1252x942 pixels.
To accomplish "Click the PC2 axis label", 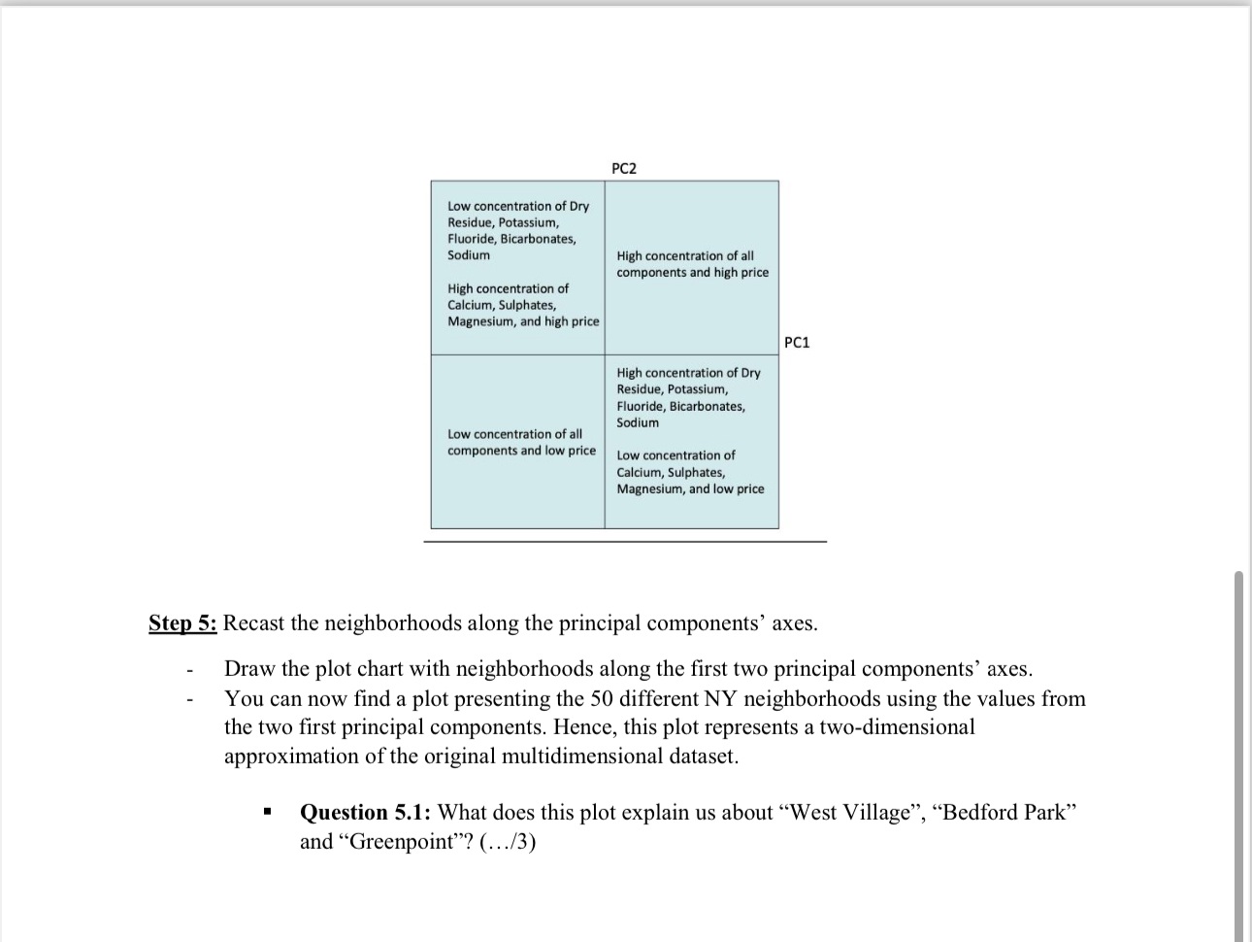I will coord(624,169).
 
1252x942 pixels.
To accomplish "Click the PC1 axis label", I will coord(796,342).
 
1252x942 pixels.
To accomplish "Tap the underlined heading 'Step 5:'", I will coord(182,622).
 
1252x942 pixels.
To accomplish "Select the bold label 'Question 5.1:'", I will coord(365,812).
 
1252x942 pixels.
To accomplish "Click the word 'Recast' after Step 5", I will coord(257,622).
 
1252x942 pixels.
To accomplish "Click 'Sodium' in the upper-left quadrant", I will coord(469,255).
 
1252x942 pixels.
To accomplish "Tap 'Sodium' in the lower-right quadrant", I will coord(638,422).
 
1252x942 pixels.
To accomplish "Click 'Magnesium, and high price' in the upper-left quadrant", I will coord(523,321).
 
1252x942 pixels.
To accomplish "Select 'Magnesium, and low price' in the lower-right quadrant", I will coord(690,488).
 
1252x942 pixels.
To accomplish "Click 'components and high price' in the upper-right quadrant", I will coord(692,272).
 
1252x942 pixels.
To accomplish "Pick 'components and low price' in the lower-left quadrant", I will coord(521,451).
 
